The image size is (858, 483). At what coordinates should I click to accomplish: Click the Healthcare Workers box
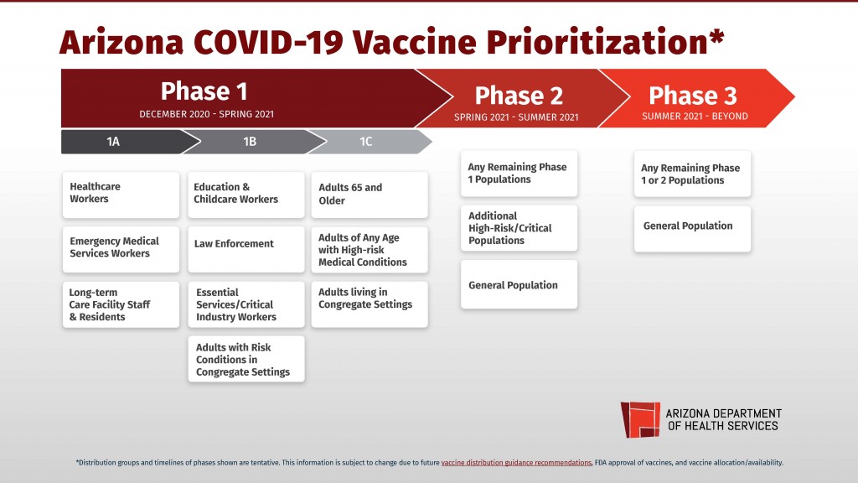coord(121,195)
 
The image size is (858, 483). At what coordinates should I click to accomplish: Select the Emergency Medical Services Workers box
coord(121,248)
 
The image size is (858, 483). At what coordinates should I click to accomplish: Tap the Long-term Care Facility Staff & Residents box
coord(121,304)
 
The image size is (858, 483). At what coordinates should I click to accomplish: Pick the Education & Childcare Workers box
coord(246,195)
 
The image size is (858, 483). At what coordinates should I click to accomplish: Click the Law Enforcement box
coord(246,248)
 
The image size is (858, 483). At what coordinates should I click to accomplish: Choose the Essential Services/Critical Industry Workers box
coord(246,304)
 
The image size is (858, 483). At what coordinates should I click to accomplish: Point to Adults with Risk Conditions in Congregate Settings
coord(246,359)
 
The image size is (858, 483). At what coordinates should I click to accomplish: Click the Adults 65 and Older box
coord(369,195)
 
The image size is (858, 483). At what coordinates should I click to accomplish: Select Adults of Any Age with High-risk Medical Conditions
coord(369,250)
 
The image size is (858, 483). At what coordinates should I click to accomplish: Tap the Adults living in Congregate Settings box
coord(369,304)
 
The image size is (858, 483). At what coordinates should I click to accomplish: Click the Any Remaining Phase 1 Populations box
coord(519,174)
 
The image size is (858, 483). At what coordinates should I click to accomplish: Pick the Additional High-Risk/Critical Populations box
coord(519,228)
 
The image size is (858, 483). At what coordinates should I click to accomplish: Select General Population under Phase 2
coord(519,284)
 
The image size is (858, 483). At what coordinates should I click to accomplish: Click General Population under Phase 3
coord(692,228)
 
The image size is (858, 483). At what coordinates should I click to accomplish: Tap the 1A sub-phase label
coord(113,142)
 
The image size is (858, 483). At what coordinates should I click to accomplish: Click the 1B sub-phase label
coord(250,142)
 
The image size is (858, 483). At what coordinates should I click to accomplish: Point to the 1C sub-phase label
coord(366,142)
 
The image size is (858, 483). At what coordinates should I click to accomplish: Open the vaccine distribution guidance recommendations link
coord(516,462)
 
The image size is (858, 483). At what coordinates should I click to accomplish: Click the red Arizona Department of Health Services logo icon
coord(639,418)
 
